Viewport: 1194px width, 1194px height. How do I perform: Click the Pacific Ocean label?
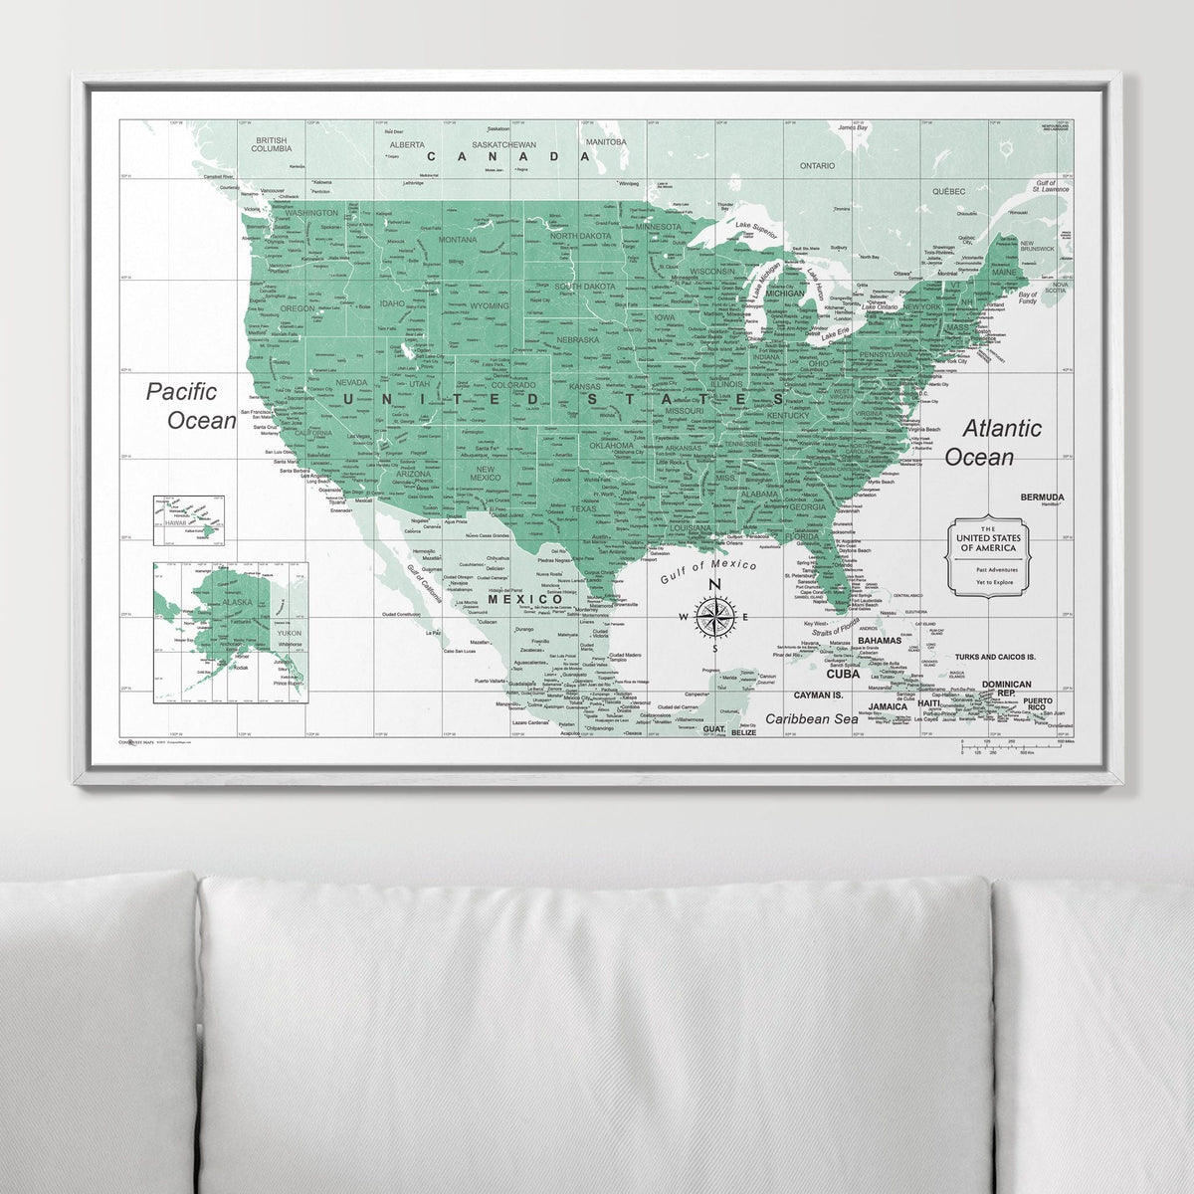(191, 406)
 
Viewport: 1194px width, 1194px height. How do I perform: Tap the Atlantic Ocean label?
(991, 443)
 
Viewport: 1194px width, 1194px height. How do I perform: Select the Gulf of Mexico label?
(707, 571)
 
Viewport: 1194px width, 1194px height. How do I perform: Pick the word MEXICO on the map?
(525, 599)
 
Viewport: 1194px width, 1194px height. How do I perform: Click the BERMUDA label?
(1042, 497)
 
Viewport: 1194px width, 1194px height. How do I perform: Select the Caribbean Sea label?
(811, 718)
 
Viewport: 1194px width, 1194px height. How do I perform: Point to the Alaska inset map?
(230, 632)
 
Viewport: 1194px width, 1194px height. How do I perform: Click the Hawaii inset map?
(188, 520)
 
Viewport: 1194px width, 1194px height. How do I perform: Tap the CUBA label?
(842, 674)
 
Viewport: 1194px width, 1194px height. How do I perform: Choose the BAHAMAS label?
(879, 641)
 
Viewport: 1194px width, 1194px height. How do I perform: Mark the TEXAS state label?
(583, 509)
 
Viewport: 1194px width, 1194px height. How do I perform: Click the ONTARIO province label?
(816, 166)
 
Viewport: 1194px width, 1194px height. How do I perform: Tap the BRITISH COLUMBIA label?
(271, 144)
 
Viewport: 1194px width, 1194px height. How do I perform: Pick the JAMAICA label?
(888, 706)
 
